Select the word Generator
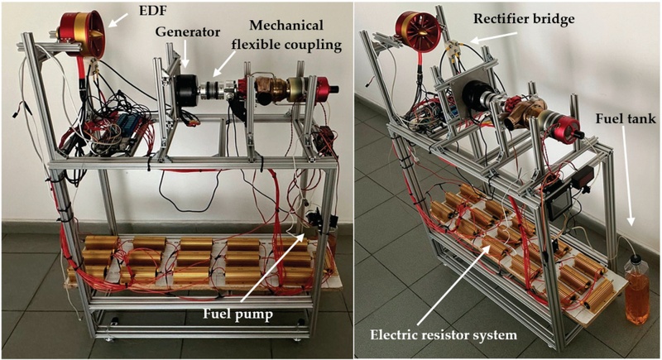pos(188,31)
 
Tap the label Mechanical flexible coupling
pos(286,35)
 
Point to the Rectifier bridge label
pos(524,18)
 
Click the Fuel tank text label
pos(626,118)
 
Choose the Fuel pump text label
pos(238,314)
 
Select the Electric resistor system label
pos(444,335)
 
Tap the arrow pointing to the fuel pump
pos(273,268)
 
